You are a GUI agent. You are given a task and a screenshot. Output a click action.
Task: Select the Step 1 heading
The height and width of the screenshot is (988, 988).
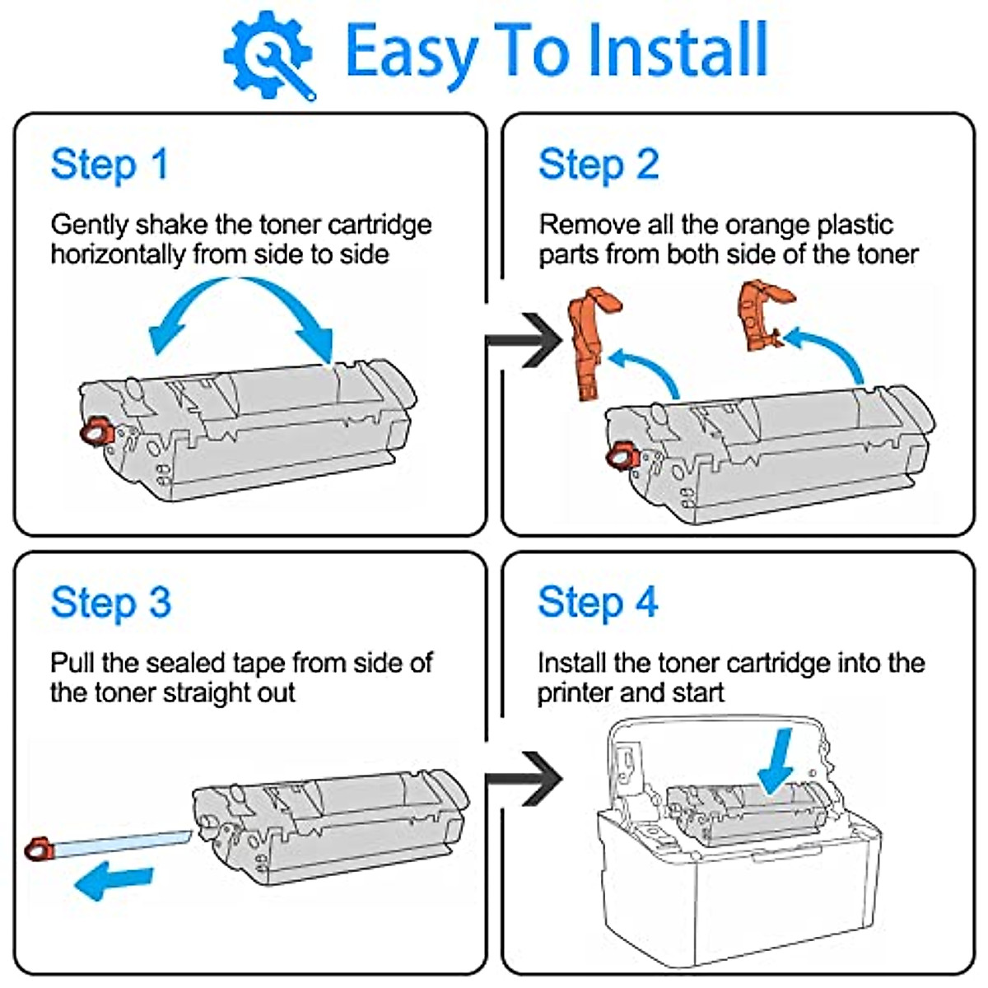[x=110, y=164]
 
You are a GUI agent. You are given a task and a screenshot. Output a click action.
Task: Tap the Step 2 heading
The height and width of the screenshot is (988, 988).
[x=599, y=164]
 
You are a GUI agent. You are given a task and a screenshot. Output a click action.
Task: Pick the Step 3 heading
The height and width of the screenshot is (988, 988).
[x=110, y=602]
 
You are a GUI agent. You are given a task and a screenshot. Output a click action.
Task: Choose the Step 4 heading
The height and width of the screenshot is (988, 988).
[x=598, y=602]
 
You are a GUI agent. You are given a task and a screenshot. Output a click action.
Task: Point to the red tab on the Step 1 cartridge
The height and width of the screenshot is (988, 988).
[x=97, y=431]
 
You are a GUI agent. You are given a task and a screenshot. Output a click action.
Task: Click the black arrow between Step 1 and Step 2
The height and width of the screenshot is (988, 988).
[x=524, y=340]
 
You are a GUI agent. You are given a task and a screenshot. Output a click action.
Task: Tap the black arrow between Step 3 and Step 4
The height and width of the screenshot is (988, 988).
[x=524, y=778]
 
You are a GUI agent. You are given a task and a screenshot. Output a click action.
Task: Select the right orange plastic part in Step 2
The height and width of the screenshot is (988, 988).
[x=759, y=314]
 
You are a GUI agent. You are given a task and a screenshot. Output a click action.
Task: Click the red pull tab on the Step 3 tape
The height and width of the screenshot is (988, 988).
[x=39, y=848]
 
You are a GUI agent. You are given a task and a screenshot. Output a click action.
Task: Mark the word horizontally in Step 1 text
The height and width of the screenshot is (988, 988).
[x=118, y=254]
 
